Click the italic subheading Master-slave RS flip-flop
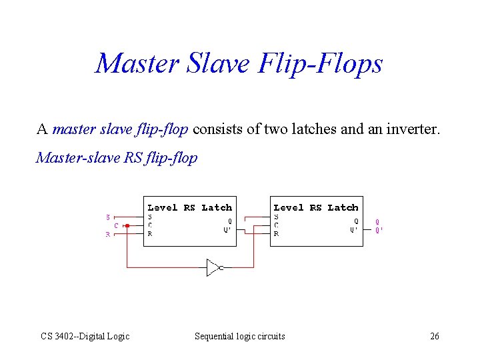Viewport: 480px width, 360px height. (117, 158)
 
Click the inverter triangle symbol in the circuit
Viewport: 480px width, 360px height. (213, 267)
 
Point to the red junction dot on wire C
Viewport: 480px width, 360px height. (127, 225)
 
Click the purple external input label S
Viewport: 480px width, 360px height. (109, 217)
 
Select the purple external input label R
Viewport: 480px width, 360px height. (109, 234)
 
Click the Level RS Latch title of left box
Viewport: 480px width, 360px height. (189, 207)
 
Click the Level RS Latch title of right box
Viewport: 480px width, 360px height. (316, 207)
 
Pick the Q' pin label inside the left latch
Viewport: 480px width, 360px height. (227, 230)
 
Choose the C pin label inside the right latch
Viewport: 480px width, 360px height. (277, 225)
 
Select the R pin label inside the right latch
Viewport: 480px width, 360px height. (277, 234)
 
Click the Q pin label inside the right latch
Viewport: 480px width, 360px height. (356, 221)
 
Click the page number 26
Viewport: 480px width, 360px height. (435, 336)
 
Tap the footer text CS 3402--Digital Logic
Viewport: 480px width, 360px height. (85, 336)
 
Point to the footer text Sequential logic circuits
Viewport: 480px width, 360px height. (239, 336)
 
